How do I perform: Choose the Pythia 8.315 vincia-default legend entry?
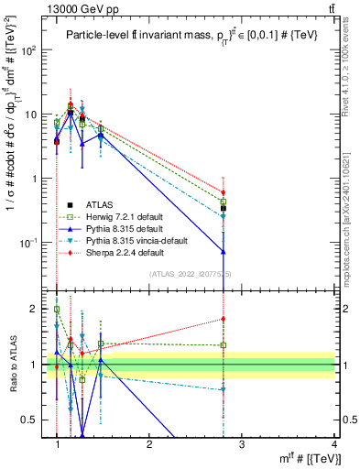(x=128, y=240)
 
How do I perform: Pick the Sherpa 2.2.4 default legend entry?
(x=118, y=252)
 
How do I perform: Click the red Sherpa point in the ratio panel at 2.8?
(x=224, y=319)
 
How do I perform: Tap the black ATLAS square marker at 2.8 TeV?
(x=224, y=209)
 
